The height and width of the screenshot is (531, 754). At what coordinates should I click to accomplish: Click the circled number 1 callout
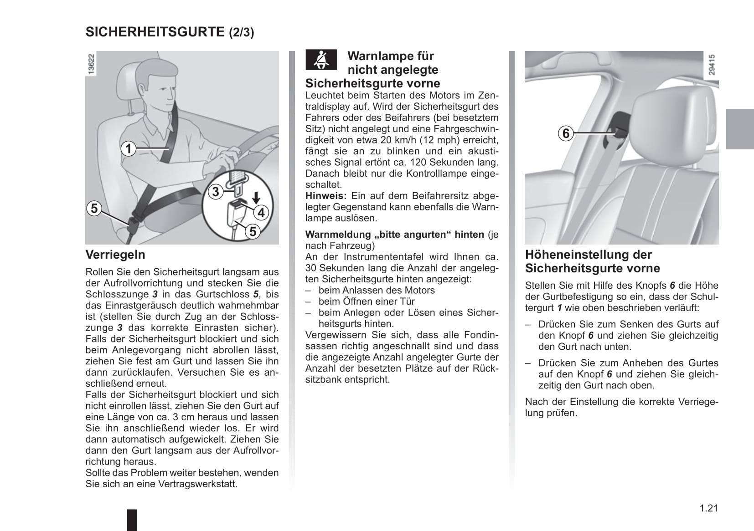(x=129, y=148)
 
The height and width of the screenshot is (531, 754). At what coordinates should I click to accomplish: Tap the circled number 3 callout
(x=216, y=192)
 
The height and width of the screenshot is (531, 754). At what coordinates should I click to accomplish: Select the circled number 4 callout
(x=261, y=212)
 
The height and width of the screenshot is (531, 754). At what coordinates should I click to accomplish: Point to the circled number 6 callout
(x=566, y=133)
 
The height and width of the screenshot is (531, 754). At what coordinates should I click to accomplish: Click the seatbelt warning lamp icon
(x=321, y=60)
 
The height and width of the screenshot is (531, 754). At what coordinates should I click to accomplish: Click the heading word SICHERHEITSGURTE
(x=155, y=32)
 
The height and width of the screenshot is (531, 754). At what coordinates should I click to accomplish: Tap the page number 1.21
(x=708, y=508)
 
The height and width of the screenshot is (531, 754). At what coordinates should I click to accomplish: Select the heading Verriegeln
(x=115, y=255)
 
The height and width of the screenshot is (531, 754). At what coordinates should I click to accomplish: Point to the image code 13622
(x=91, y=64)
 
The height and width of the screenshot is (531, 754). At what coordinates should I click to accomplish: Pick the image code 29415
(x=712, y=65)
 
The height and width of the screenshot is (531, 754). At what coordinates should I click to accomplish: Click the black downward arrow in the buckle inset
(x=256, y=198)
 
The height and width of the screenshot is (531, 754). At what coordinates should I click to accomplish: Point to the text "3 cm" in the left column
(x=184, y=417)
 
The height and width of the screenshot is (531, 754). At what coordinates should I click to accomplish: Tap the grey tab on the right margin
(x=739, y=129)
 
